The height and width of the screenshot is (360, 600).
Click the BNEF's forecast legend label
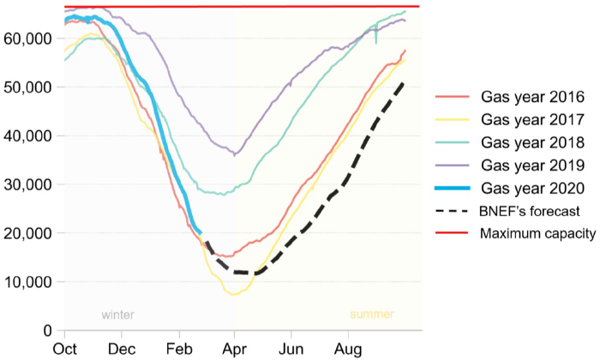click(x=527, y=211)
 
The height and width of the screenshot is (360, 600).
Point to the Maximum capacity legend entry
click(x=536, y=234)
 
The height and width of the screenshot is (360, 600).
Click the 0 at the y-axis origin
click(x=49, y=330)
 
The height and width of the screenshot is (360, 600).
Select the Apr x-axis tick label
click(x=234, y=350)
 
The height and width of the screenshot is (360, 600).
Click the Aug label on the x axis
click(x=346, y=350)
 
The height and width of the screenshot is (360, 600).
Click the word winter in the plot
click(x=117, y=315)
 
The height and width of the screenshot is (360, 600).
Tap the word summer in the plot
click(x=374, y=315)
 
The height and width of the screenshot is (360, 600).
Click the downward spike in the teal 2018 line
click(x=375, y=42)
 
